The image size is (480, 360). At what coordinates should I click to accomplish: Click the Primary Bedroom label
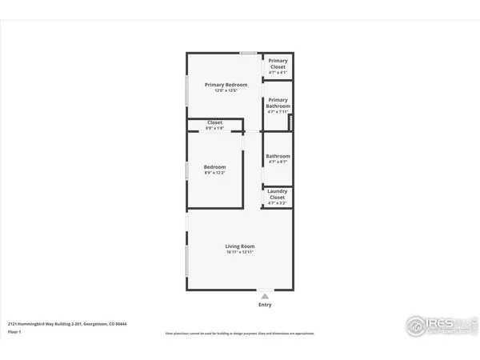(226, 85)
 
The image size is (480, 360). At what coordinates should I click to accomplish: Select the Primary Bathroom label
(278, 102)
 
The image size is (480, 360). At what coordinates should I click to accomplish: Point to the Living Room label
(239, 246)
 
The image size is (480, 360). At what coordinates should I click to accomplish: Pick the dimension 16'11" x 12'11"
(239, 253)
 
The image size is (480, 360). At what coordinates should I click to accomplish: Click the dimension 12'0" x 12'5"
(226, 90)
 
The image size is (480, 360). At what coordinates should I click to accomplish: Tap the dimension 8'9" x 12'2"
(214, 173)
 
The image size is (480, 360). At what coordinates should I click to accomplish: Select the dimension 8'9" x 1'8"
(214, 129)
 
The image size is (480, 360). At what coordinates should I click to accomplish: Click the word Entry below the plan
(265, 305)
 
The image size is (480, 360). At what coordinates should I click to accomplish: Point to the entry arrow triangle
(265, 295)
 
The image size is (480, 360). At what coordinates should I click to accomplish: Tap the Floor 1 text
(14, 331)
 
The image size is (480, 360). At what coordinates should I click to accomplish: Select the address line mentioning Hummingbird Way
(67, 324)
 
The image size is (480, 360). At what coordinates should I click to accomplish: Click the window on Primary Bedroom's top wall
(248, 54)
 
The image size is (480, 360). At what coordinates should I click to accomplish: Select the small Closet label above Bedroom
(214, 123)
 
